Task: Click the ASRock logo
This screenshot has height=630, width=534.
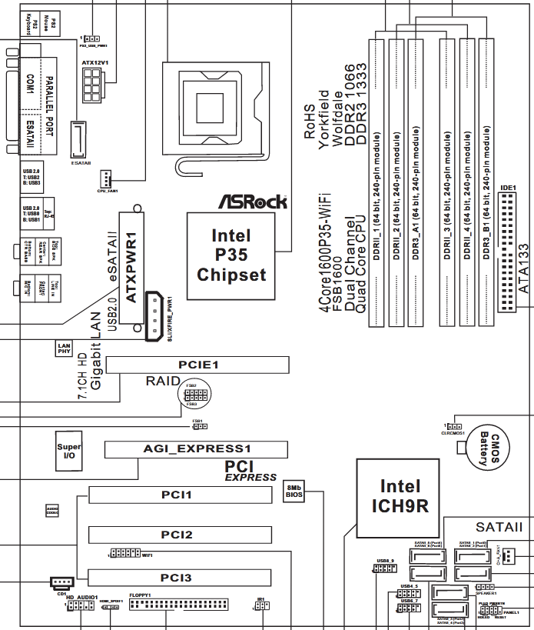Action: click(x=253, y=201)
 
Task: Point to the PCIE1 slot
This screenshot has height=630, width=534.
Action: click(x=197, y=365)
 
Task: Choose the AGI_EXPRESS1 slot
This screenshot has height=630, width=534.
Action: click(x=197, y=448)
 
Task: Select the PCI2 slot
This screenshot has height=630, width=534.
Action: click(x=180, y=535)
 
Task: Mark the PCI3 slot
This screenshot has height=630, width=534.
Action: click(x=180, y=577)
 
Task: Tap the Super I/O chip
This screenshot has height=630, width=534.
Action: click(x=69, y=452)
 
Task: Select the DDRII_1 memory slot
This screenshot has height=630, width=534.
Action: click(x=376, y=185)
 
